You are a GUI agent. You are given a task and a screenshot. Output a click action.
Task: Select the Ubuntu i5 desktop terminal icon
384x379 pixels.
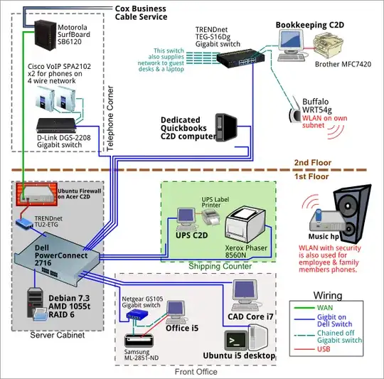240,338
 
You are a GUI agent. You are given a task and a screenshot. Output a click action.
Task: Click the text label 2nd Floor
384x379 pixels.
314,163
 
